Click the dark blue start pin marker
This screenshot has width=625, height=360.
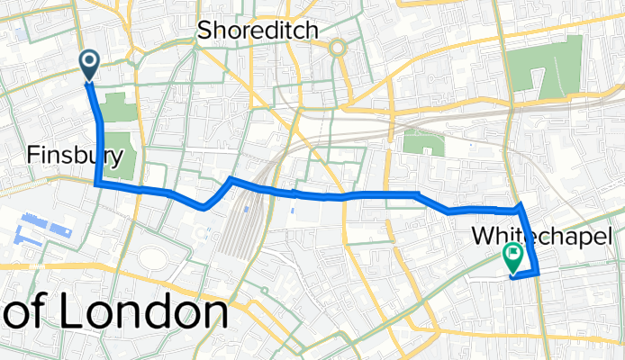coord(91,64)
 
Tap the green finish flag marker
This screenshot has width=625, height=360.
coord(513,256)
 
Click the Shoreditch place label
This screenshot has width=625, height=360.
coord(258,31)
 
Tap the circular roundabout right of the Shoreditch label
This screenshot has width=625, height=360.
coord(339,49)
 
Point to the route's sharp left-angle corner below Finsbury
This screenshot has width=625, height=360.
coord(97,184)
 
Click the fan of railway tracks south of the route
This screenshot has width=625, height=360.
coord(235,236)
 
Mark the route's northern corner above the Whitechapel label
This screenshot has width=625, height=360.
coord(521,206)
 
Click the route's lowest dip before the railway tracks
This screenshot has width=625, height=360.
coord(205,207)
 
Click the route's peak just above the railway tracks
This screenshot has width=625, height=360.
coord(231,179)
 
